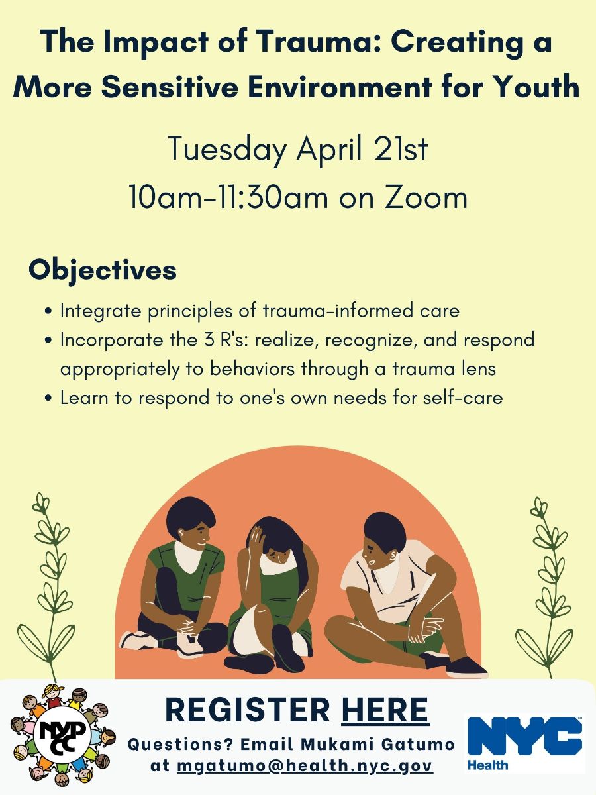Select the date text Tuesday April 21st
click(297, 149)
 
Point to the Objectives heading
click(103, 270)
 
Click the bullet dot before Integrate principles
click(50, 311)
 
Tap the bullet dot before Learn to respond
click(50, 398)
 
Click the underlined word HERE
click(385, 710)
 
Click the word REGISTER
click(248, 710)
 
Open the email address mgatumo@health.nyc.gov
click(305, 765)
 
